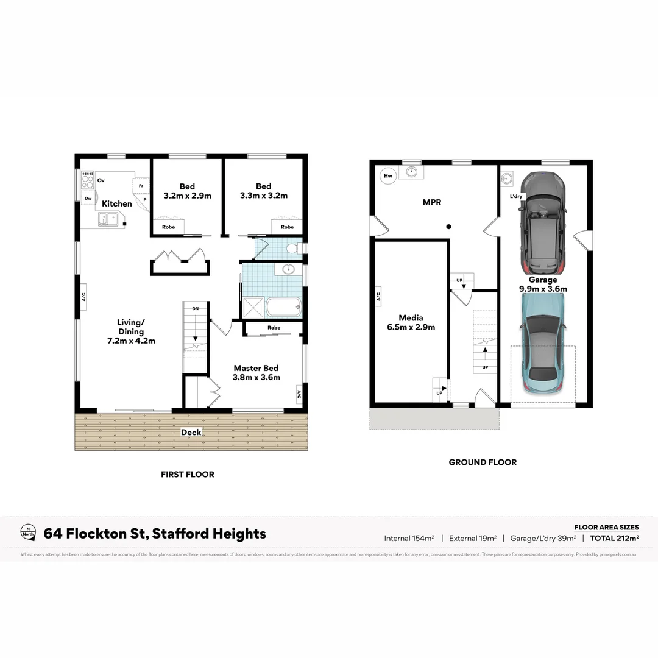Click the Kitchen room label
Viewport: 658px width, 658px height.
coord(116,203)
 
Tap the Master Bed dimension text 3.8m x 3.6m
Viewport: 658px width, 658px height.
coord(256,377)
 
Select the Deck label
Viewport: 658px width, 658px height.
coord(191,433)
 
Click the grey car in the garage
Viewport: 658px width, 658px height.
coord(543,222)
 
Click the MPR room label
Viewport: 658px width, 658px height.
coord(431,202)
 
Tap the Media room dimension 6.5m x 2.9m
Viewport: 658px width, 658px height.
coord(411,327)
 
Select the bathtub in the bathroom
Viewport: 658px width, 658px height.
coord(283,307)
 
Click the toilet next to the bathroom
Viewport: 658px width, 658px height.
coord(292,249)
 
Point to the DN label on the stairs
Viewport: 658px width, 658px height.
coord(195,309)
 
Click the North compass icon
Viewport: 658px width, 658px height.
coord(27,532)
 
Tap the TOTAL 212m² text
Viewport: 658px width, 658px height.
coord(614,538)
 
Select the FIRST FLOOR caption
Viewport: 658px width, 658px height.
coord(187,474)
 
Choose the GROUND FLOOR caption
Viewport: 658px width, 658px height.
coord(483,462)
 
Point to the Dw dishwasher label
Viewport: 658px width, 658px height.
coord(88,198)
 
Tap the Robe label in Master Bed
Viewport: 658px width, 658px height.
coord(274,328)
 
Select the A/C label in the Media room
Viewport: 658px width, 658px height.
coord(378,297)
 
